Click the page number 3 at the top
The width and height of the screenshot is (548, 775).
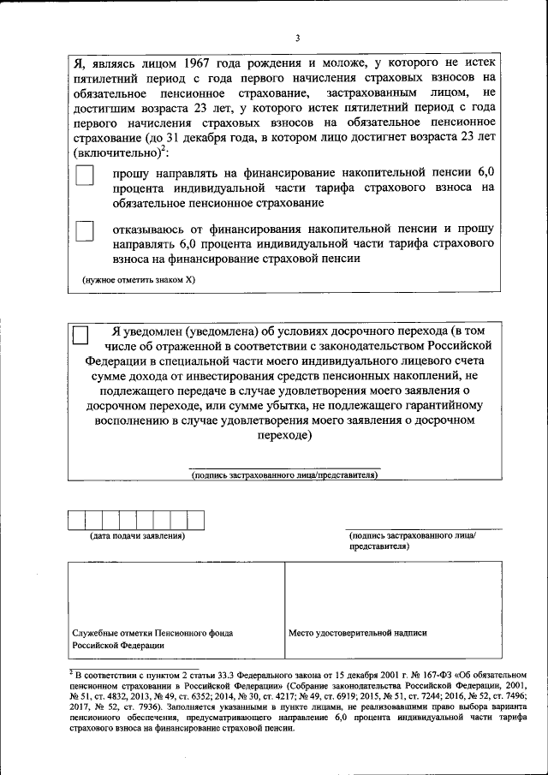click(297, 38)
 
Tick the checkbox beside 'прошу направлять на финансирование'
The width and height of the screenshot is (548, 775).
click(85, 175)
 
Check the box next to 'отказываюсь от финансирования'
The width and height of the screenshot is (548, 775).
click(85, 231)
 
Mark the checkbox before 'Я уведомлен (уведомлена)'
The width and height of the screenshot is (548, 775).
click(80, 335)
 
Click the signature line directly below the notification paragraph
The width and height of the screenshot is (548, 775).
click(283, 467)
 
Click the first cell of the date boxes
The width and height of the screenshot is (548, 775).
click(77, 520)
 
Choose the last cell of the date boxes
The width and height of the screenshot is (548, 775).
click(196, 520)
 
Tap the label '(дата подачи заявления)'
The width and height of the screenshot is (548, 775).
click(138, 536)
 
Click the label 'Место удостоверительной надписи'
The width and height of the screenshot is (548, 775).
click(358, 633)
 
